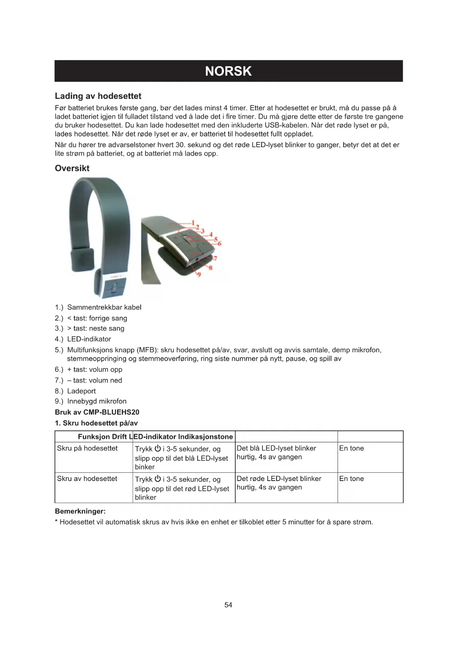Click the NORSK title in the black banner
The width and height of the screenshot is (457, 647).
tap(228, 71)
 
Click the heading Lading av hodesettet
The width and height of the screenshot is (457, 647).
tap(98, 96)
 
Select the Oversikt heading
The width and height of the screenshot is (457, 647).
tap(72, 168)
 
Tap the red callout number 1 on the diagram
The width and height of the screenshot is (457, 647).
tap(193, 223)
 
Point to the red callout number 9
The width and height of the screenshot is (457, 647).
tap(199, 275)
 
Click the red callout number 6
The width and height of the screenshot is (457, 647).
tap(220, 244)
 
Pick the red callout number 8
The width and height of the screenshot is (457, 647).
tap(211, 268)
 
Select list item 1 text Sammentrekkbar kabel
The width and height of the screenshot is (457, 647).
tap(104, 307)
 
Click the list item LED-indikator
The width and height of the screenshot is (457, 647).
tap(89, 339)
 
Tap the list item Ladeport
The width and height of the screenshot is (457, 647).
tap(81, 391)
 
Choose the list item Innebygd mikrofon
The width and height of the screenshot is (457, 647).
tap(96, 401)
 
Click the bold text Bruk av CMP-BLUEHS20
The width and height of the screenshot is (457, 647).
tap(97, 412)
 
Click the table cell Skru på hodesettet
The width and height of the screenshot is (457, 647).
tap(87, 448)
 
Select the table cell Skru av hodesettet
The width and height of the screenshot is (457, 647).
tap(87, 478)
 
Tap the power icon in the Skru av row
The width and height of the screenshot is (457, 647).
tap(158, 479)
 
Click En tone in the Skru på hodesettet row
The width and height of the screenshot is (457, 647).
tap(351, 448)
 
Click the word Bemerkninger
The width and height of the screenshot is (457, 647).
tap(80, 511)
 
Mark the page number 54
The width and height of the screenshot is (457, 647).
tap(228, 605)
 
